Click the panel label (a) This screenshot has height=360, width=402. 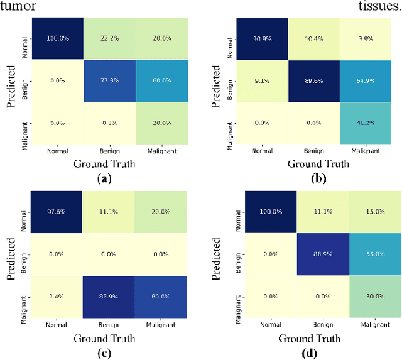[x=105, y=178]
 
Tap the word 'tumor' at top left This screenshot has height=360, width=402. [x=18, y=6]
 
